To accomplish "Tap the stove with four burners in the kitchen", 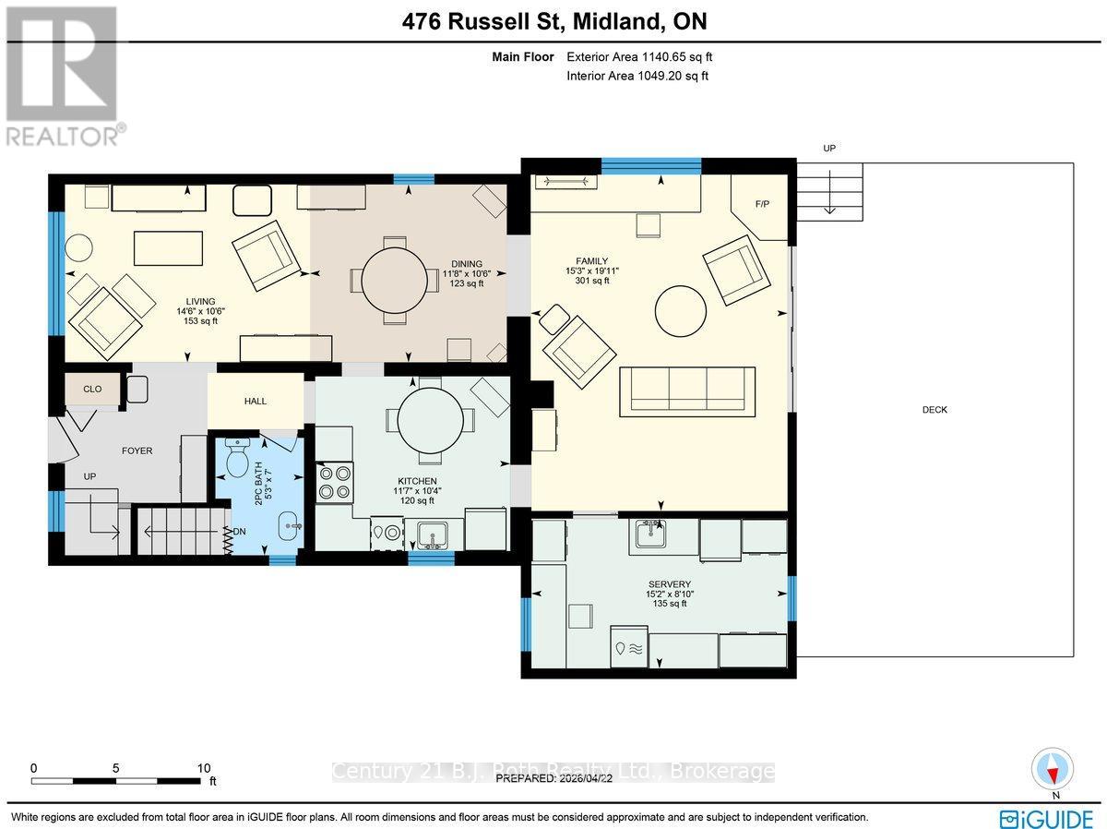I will (333, 480).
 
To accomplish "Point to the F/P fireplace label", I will (762, 204).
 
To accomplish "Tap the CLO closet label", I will (92, 390).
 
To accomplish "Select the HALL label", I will (256, 401).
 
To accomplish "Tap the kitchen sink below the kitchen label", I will (432, 534).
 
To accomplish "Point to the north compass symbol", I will (1053, 768).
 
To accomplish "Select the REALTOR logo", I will (62, 75).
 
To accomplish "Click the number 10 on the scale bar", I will (204, 768).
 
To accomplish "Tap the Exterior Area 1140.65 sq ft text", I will (637, 57).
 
